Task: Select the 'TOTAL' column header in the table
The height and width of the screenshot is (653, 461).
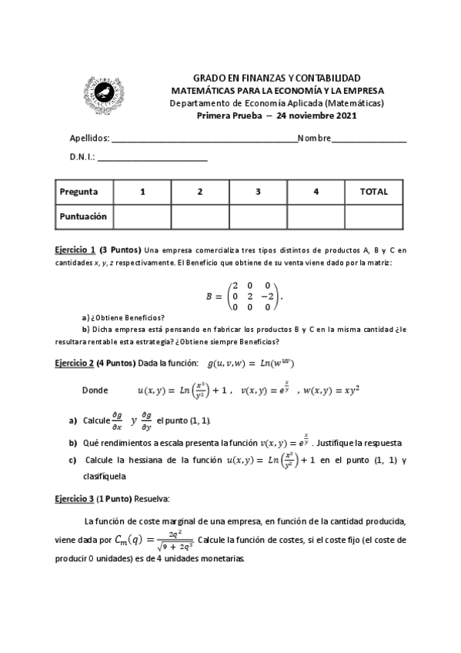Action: click(373, 192)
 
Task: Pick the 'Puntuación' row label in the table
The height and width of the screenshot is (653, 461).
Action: click(84, 216)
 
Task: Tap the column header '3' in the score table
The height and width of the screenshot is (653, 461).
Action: click(257, 192)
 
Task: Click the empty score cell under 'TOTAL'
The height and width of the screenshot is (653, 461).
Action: click(373, 216)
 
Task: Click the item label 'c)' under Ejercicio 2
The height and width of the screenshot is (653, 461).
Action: click(72, 460)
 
